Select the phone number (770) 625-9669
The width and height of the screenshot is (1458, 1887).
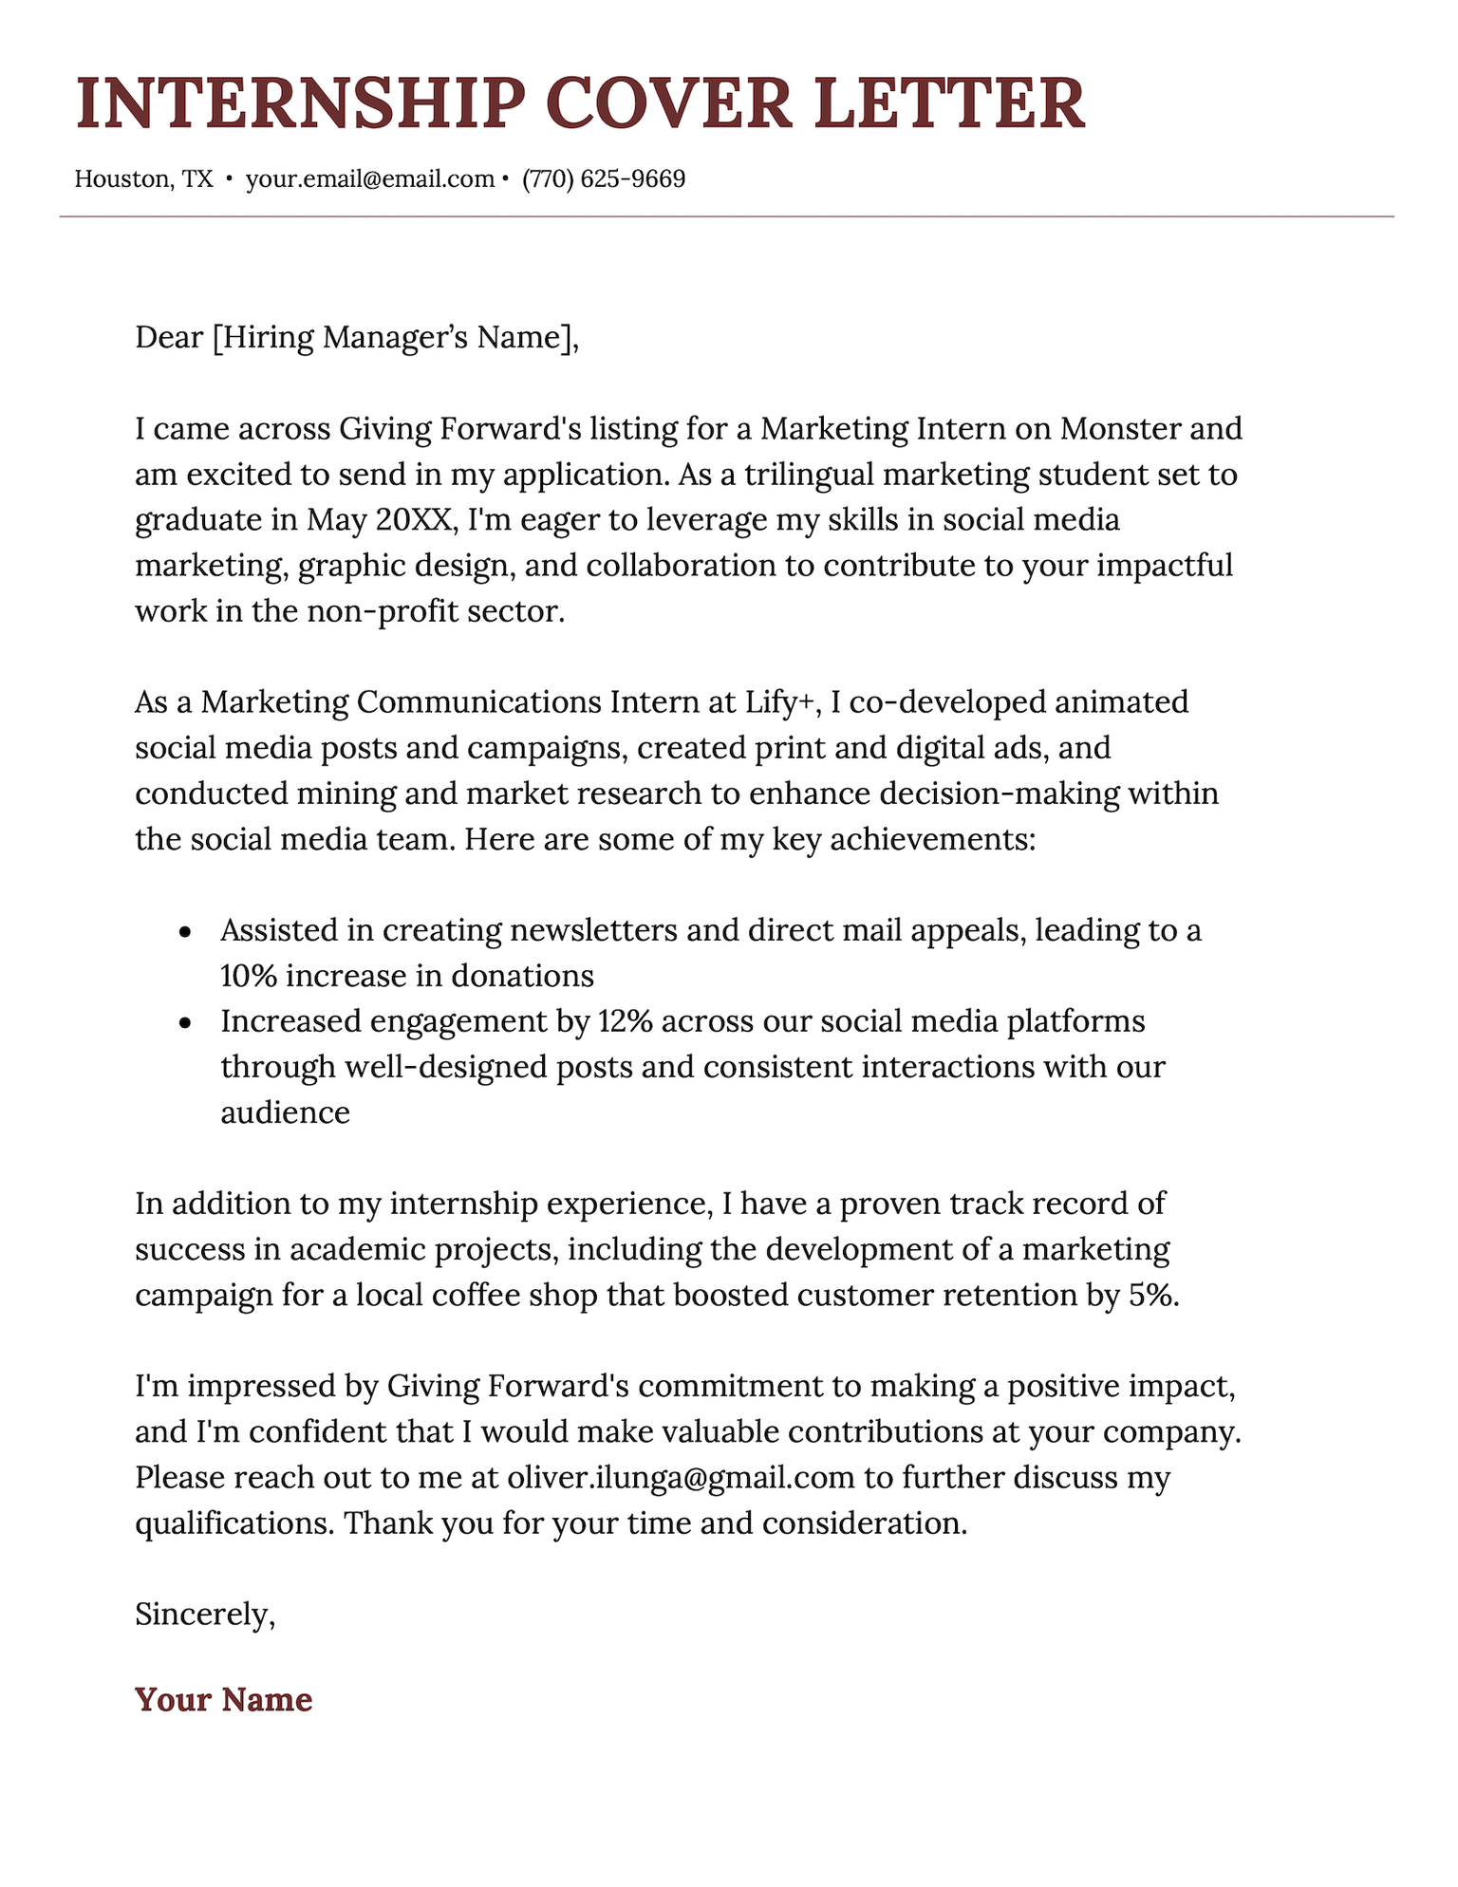(604, 178)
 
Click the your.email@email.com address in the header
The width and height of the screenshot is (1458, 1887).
(369, 178)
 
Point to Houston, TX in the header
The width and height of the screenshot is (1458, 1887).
(143, 178)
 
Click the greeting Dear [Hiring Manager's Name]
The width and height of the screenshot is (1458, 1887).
(356, 337)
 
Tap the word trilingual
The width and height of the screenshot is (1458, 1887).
(817, 475)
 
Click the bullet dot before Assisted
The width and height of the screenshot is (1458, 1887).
(185, 932)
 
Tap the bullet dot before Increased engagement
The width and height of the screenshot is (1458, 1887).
(185, 1023)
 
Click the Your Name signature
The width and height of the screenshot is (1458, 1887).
(223, 1699)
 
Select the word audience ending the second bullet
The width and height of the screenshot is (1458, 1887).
(285, 1112)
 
